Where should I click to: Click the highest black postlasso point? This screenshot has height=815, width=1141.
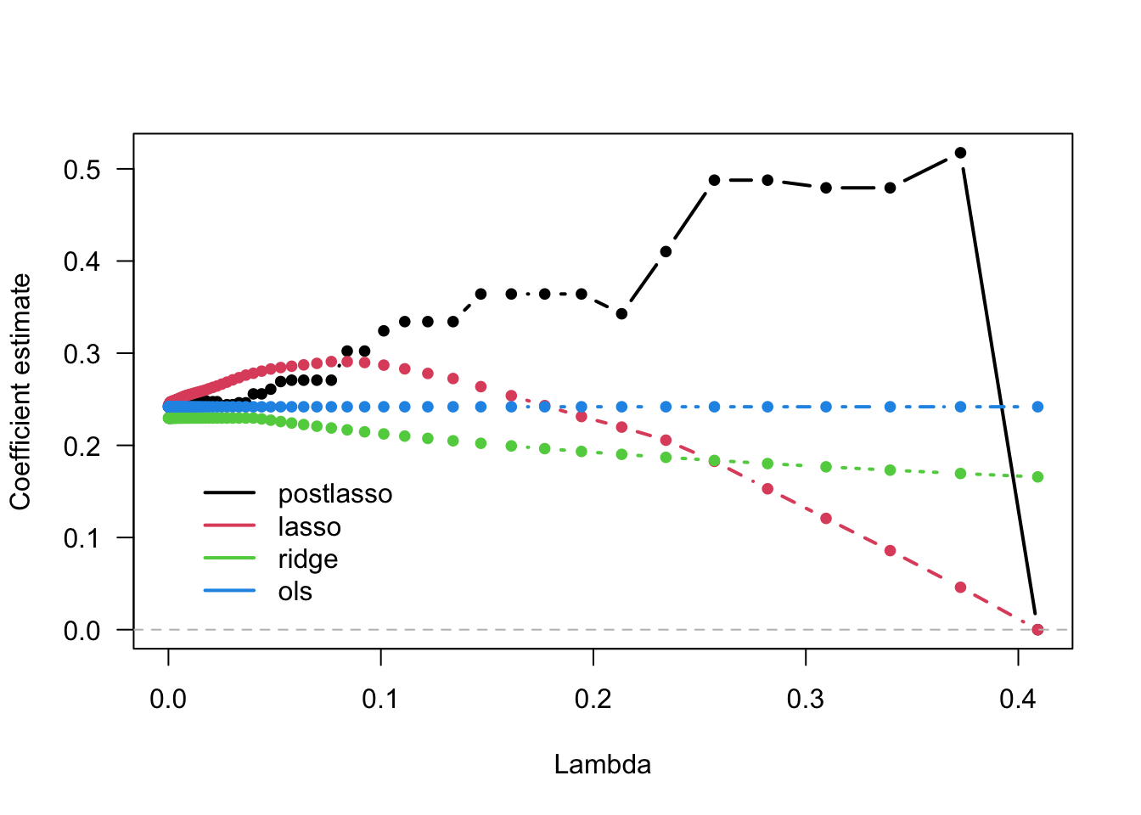click(960, 153)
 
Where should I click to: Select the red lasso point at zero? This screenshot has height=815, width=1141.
click(1037, 629)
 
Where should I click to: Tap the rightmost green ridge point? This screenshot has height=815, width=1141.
click(1037, 477)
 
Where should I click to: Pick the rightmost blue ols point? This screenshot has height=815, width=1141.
click(1037, 407)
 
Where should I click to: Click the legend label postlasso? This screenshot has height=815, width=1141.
click(334, 494)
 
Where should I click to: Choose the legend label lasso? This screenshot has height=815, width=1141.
click(309, 527)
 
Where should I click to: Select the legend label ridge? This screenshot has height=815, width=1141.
click(307, 559)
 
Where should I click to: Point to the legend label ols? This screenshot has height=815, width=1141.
click(295, 592)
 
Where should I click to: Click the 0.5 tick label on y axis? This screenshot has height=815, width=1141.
click(81, 170)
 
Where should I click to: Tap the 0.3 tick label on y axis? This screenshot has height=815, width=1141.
click(81, 354)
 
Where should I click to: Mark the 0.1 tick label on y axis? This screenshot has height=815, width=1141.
click(81, 538)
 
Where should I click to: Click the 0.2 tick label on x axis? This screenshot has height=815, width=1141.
click(593, 699)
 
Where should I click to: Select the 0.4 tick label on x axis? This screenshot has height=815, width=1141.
click(1017, 699)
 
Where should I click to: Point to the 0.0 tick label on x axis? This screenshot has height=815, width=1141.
click(168, 699)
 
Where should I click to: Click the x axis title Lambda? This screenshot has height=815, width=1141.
click(602, 764)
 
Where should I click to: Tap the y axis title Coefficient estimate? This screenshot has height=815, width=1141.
click(20, 391)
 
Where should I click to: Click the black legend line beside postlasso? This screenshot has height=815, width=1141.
click(229, 493)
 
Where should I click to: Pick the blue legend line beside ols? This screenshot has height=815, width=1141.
click(229, 591)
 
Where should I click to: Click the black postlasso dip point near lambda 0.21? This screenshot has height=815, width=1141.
click(621, 314)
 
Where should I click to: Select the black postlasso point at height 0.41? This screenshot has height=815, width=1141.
click(666, 251)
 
